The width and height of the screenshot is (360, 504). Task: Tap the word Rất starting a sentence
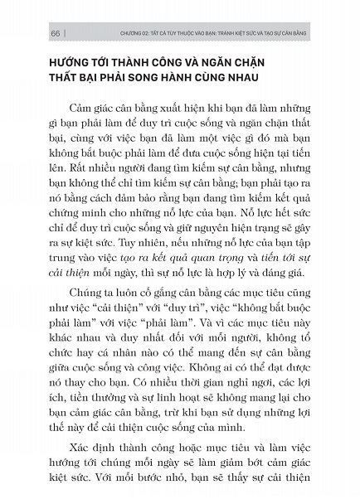pos(66,194)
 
